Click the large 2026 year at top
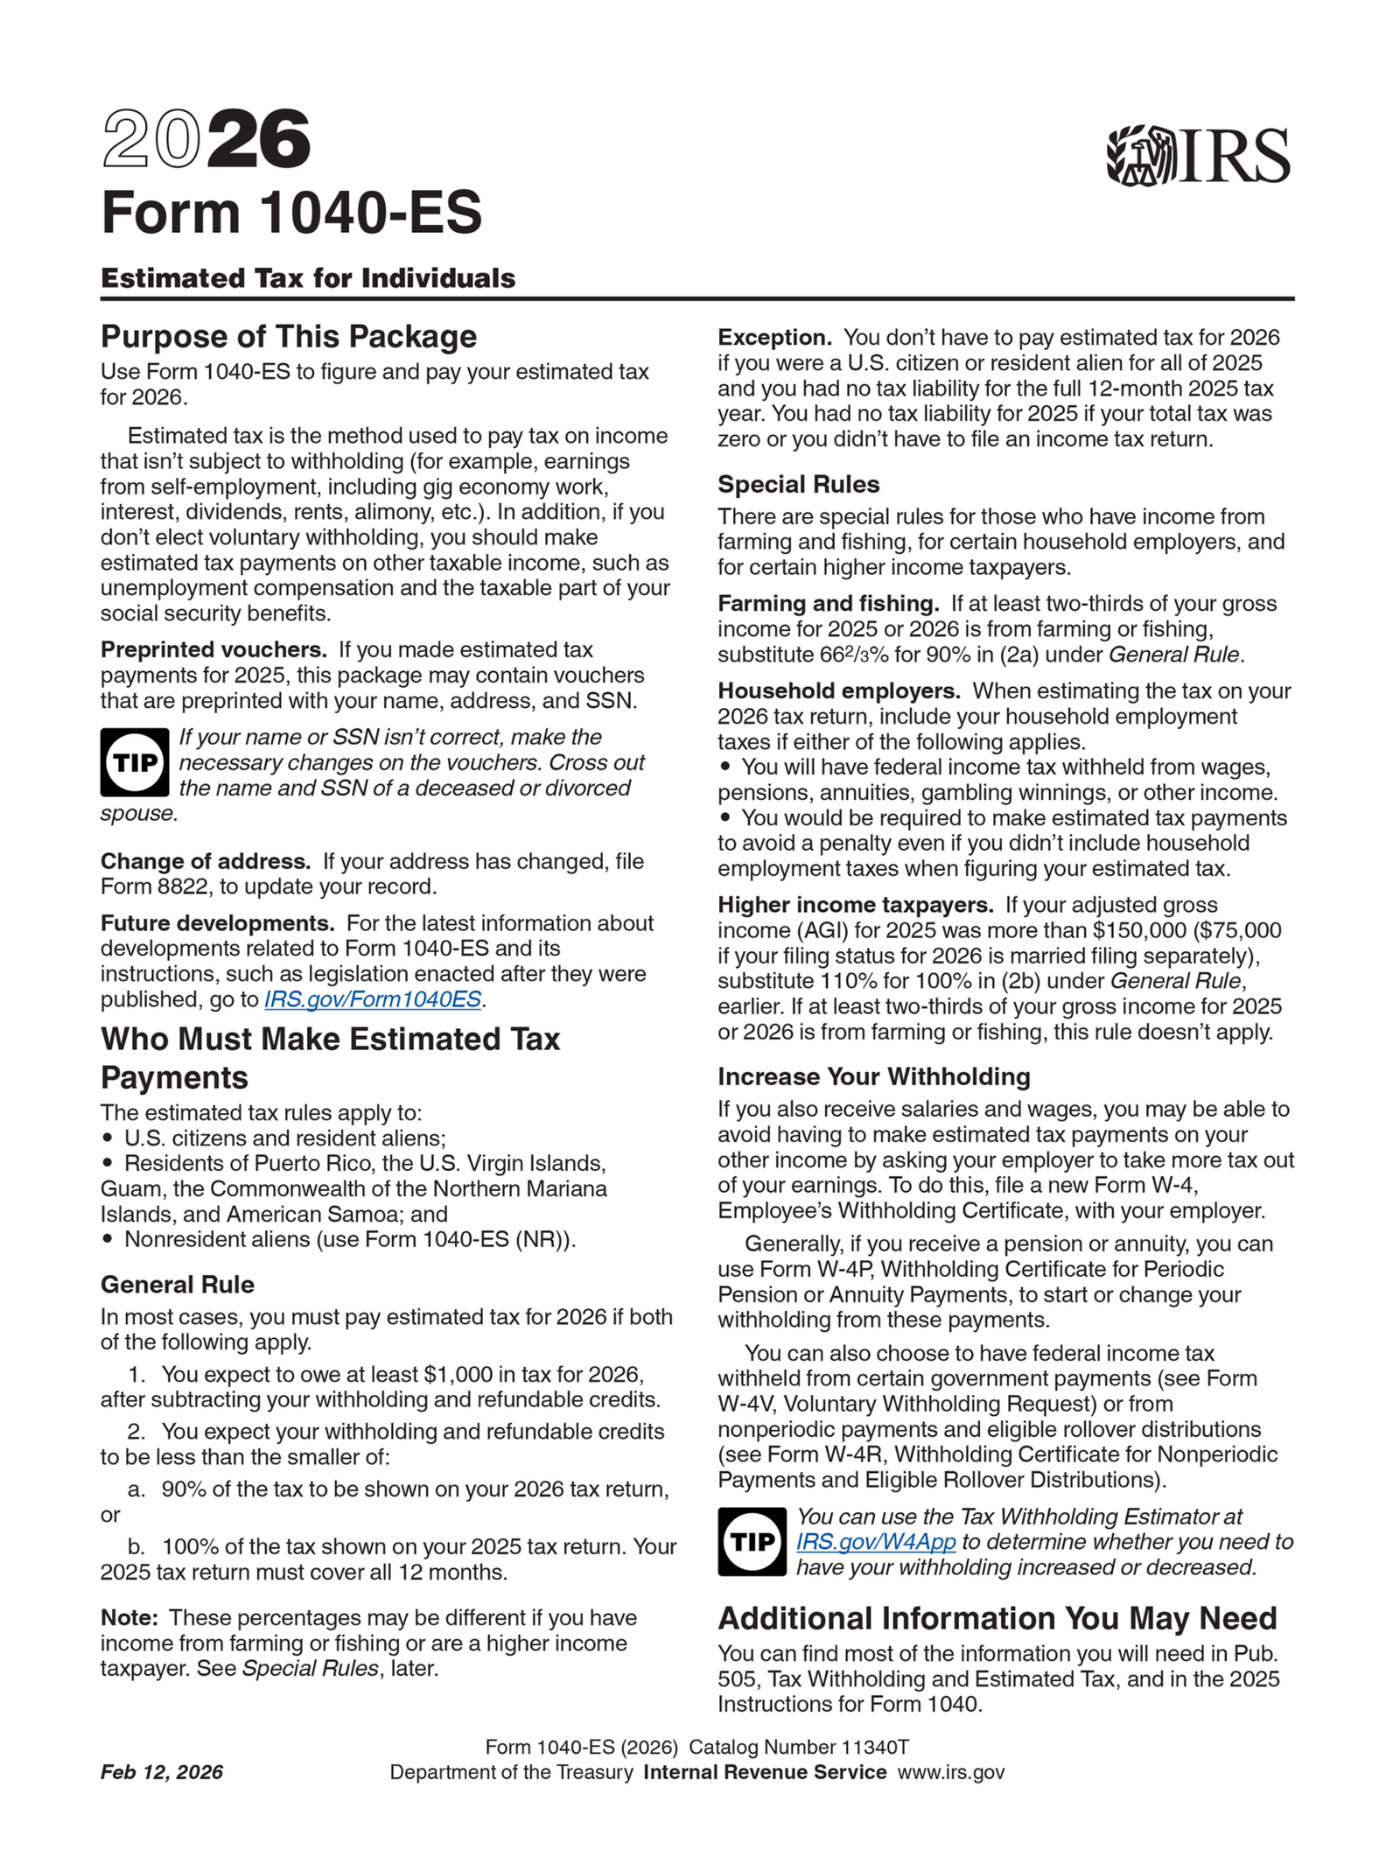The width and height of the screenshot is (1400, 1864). click(x=206, y=139)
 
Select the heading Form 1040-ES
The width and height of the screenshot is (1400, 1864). click(x=290, y=213)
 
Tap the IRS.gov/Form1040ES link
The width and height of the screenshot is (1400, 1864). click(x=373, y=999)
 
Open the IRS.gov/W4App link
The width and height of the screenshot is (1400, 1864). click(x=875, y=1542)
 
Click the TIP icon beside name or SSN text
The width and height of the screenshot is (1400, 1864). click(x=135, y=762)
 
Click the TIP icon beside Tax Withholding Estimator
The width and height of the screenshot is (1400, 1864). click(x=752, y=1542)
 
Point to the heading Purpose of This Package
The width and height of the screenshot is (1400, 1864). click(x=289, y=337)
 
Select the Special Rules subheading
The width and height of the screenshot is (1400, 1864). click(x=798, y=484)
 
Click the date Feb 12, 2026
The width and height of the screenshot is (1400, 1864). click(x=162, y=1772)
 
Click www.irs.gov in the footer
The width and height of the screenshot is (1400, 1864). click(x=951, y=1772)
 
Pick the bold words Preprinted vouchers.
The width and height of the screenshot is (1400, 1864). click(x=213, y=649)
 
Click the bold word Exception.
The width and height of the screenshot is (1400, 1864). click(x=773, y=338)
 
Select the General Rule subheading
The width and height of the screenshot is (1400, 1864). click(x=178, y=1285)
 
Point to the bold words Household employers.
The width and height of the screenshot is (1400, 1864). click(x=838, y=690)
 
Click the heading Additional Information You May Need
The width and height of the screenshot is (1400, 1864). click(x=997, y=1618)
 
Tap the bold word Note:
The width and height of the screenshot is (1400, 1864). click(x=129, y=1617)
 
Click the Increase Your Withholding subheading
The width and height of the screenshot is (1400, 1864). click(x=873, y=1076)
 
